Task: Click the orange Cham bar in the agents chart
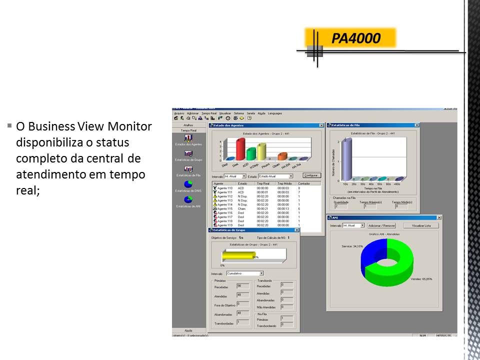(281, 156)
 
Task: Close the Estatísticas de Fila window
(416, 125)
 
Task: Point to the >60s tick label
(397, 184)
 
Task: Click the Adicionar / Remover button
(381, 225)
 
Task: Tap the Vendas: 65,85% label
(420, 279)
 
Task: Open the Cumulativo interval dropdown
(261, 273)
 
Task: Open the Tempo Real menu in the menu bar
(209, 113)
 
